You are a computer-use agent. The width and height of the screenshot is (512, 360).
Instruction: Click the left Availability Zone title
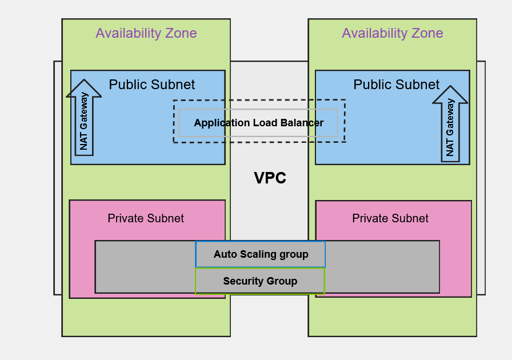coord(146,33)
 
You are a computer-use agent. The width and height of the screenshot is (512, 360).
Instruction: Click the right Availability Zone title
coord(392,33)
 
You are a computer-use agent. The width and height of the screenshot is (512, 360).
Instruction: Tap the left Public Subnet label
coord(151,85)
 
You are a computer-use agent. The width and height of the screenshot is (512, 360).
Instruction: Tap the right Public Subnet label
coord(396,85)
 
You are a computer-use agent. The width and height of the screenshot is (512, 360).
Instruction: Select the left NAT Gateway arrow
coord(84,120)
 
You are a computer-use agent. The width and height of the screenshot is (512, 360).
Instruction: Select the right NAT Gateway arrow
coord(450,126)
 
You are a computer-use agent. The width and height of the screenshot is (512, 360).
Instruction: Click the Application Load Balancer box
coord(258,123)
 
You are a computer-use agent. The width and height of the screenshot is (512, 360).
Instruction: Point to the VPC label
coord(270,178)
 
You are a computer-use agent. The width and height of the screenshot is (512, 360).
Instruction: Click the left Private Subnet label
coord(146,218)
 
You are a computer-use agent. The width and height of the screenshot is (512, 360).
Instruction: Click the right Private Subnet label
coord(390,218)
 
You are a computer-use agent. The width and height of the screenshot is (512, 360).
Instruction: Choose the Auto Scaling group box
coord(261,254)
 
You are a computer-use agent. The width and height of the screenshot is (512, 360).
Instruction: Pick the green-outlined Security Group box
coord(260,281)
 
